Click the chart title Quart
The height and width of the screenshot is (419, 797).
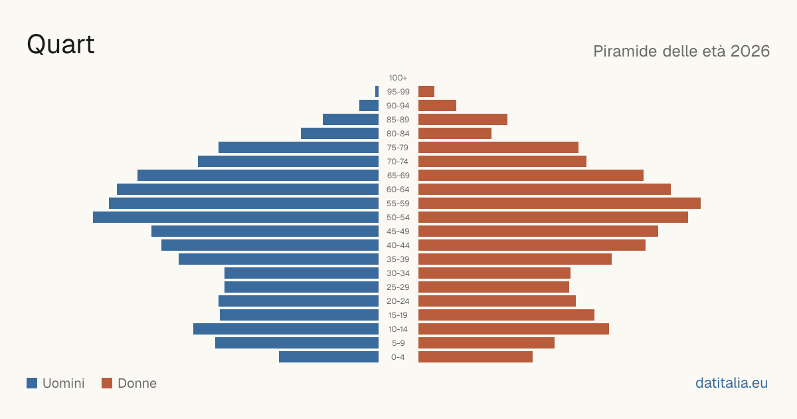(60, 45)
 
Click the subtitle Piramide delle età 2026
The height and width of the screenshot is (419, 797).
(681, 51)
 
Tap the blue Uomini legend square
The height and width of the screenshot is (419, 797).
(32, 383)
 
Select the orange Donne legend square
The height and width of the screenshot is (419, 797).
(107, 383)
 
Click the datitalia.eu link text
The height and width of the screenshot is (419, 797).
(731, 383)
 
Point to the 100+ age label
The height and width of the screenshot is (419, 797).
(398, 78)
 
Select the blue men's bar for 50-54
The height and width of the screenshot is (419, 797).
(236, 217)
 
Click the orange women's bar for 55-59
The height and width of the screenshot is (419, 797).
(559, 204)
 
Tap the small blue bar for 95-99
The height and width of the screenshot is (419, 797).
(377, 92)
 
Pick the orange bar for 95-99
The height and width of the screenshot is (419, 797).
(426, 92)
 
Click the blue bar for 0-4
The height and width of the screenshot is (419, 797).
(329, 357)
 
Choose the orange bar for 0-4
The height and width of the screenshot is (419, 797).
(476, 357)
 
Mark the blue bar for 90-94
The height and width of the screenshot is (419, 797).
(369, 106)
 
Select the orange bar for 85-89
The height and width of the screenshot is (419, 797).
(463, 119)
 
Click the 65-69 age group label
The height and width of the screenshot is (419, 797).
(398, 176)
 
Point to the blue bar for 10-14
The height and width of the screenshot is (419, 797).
(286, 329)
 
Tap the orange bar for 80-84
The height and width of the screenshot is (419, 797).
(455, 134)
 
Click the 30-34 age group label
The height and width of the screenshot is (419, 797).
(398, 273)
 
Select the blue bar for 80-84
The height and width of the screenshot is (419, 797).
(340, 134)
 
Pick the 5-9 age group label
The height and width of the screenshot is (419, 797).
(398, 343)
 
